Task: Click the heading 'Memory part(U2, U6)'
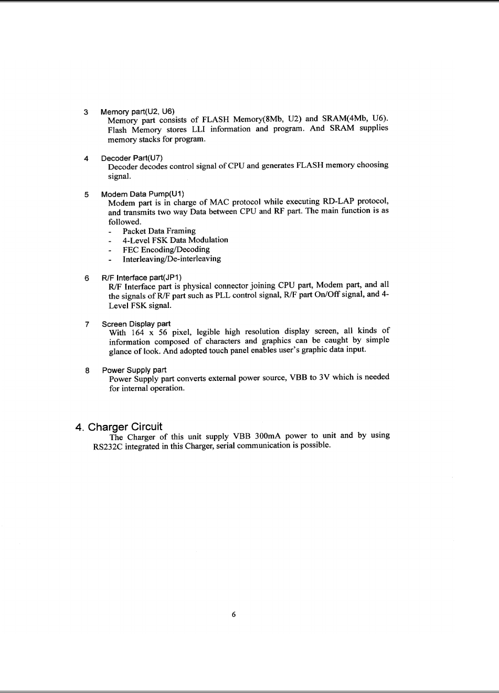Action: coord(137,112)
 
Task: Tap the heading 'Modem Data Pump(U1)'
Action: coord(143,194)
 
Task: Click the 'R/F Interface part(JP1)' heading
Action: coord(142,277)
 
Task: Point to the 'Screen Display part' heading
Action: coord(136,324)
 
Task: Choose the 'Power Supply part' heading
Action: coord(134,370)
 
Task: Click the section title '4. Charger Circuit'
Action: coord(119,427)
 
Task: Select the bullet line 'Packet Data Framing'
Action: coord(159,231)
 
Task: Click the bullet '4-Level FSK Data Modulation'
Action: coord(175,240)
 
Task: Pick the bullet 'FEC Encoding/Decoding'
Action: coord(166,249)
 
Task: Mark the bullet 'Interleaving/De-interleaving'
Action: coord(172,259)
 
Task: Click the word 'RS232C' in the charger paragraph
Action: coord(100,446)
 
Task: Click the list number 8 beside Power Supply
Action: coord(87,370)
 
